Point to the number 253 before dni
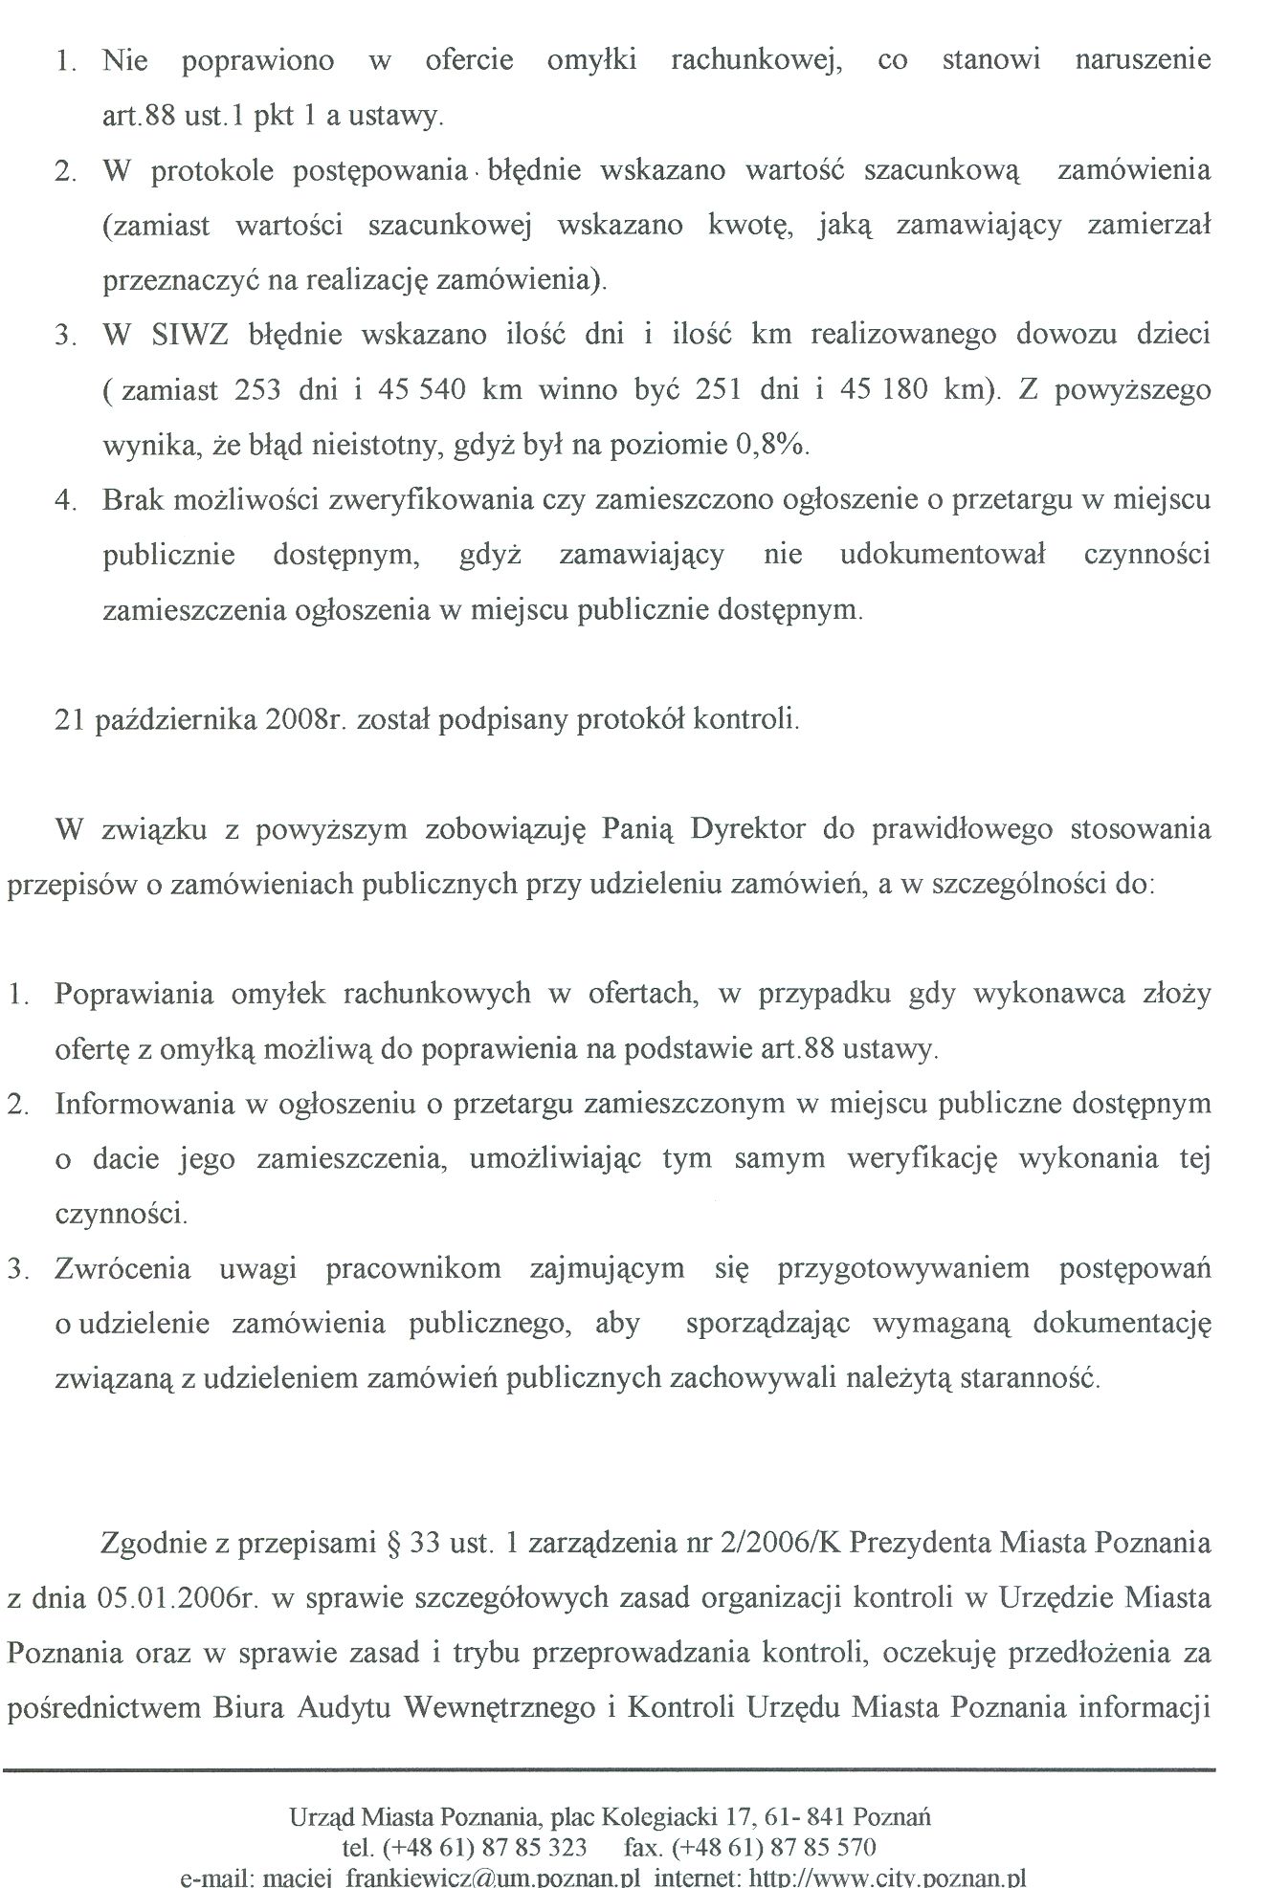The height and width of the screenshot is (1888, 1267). coord(256,391)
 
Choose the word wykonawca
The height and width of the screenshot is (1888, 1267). coord(1048,994)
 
